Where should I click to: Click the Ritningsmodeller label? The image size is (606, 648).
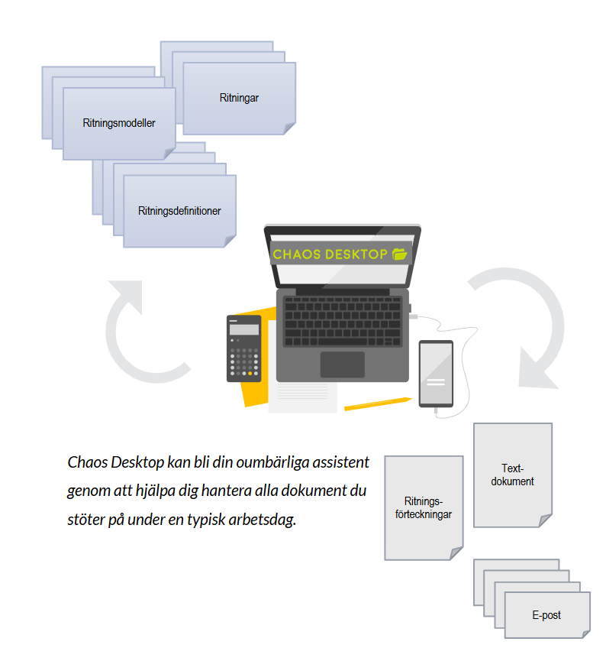[119, 122]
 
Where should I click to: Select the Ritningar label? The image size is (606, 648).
[239, 98]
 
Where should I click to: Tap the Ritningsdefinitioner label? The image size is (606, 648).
[179, 211]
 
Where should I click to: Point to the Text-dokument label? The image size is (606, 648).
[512, 475]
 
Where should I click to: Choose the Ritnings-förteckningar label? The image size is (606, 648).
[423, 508]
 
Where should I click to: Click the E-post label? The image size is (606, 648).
[546, 614]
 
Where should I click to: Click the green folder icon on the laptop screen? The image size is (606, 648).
[400, 254]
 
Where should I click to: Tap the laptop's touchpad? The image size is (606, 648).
[342, 364]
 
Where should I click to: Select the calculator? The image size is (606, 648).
[243, 348]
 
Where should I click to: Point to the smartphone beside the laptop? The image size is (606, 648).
[436, 374]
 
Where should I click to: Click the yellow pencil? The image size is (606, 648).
[378, 403]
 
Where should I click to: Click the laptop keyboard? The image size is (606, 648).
[343, 320]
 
